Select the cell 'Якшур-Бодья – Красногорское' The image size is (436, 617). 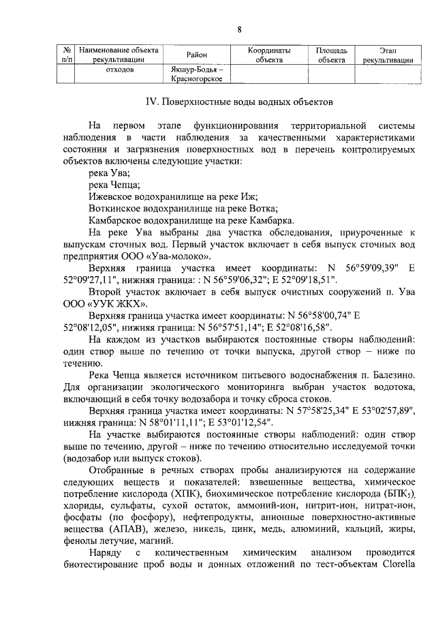point(196,74)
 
